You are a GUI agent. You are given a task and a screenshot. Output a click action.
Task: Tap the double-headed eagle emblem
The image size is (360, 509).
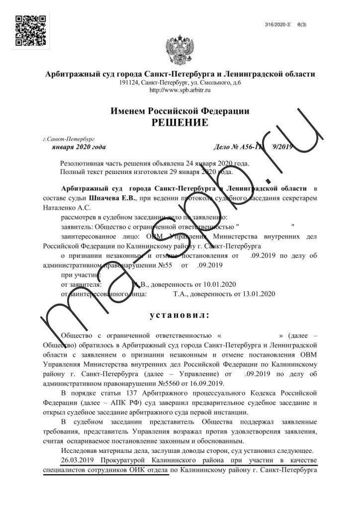[x=180, y=50]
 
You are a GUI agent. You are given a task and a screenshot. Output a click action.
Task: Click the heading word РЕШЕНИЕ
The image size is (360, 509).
[x=180, y=122]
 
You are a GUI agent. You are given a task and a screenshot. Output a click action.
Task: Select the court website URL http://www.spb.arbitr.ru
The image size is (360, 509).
[x=180, y=90]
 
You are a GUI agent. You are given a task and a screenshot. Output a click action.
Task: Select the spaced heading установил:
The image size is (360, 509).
[x=180, y=315]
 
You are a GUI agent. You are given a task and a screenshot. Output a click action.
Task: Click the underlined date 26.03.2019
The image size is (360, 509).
[x=76, y=460]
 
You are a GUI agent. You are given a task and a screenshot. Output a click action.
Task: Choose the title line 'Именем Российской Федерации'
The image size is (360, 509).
[x=180, y=111]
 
